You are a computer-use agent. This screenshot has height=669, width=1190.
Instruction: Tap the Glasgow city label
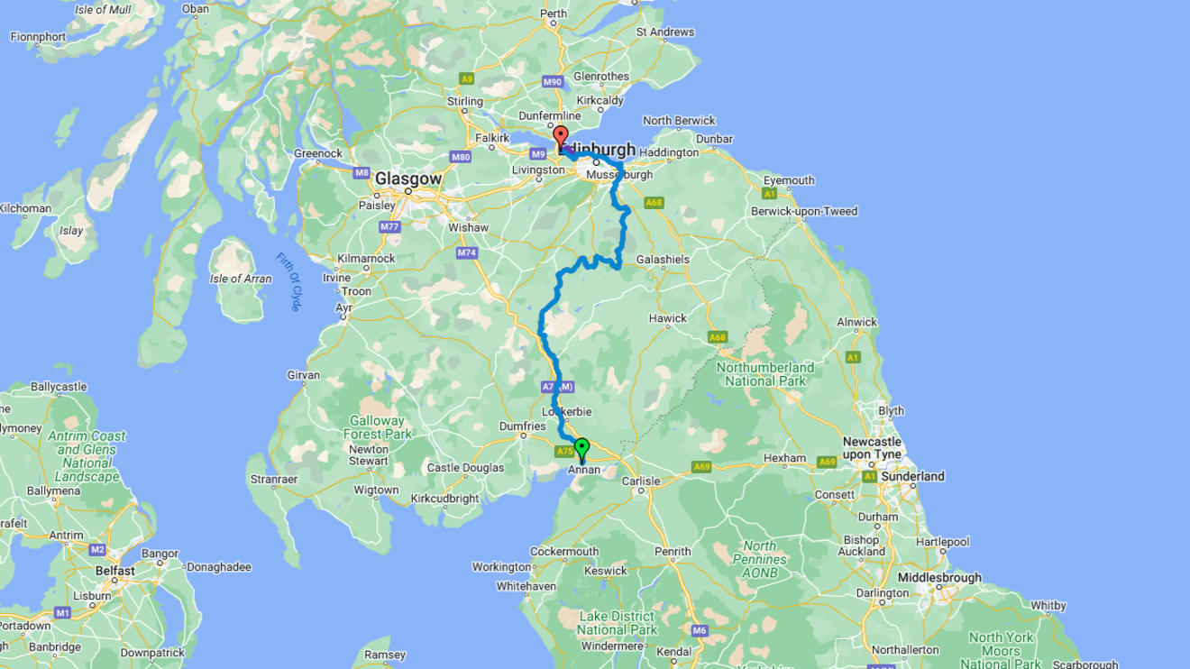(x=408, y=179)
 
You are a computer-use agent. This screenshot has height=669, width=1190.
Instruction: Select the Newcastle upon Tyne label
(x=872, y=448)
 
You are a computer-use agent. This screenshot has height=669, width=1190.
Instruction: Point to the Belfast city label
(x=115, y=571)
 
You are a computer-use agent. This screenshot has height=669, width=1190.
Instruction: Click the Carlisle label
(x=641, y=481)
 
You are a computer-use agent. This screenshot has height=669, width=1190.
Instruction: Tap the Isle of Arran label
(x=241, y=279)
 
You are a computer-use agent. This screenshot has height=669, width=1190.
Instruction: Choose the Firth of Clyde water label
(x=288, y=282)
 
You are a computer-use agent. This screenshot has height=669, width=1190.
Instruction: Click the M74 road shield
(x=466, y=253)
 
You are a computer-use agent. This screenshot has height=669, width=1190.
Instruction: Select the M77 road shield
(x=389, y=227)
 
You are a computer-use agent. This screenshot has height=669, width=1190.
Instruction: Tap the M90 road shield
(x=553, y=82)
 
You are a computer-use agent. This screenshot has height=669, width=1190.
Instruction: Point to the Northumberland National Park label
(x=764, y=374)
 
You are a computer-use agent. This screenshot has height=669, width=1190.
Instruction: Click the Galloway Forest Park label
(x=377, y=427)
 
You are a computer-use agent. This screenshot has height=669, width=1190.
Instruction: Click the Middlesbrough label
(x=939, y=578)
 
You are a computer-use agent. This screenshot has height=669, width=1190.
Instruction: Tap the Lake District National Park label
(x=618, y=623)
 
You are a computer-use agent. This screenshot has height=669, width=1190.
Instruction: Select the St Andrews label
(x=665, y=32)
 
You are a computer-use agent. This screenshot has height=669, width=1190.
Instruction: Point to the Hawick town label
(x=667, y=318)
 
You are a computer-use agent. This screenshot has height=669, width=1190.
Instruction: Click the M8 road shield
(x=362, y=172)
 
